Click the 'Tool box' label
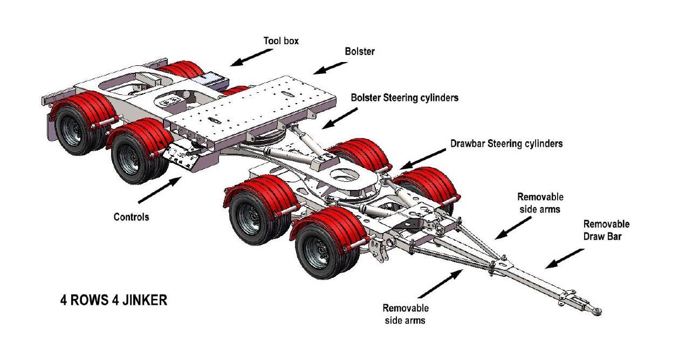tap(281, 40)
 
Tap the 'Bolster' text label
tap(360, 52)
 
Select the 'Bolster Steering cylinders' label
tap(404, 98)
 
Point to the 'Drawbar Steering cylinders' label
tap(506, 144)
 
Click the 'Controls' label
tap(131, 217)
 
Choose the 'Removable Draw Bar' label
tap(606, 230)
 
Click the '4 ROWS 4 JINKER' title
tap(113, 300)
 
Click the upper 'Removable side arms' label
tap(540, 203)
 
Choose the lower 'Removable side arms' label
tap(406, 314)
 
